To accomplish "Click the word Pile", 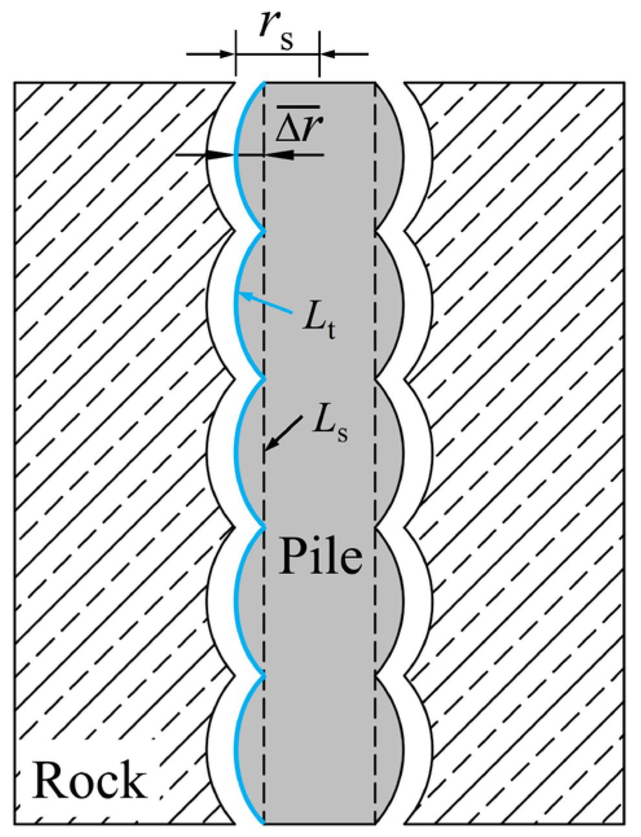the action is [x=320, y=556].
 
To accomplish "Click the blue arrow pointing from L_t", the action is [x=265, y=303].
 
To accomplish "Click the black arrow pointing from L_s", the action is [x=284, y=433].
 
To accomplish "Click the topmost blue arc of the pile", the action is [x=234, y=156].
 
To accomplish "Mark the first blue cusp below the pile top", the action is [x=264, y=231].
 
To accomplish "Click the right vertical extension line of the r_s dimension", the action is [x=319, y=53].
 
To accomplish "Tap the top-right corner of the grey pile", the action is [x=376, y=82].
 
